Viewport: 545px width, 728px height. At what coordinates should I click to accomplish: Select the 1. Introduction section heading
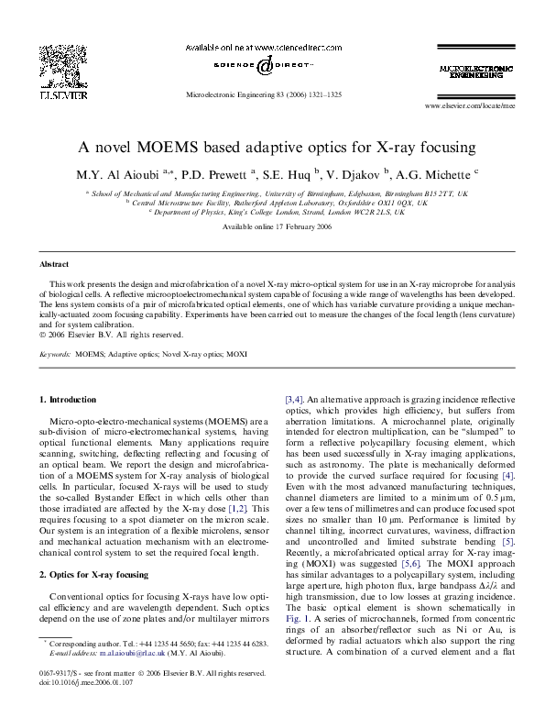click(69, 400)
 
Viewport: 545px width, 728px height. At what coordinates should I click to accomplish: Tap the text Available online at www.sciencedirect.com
click(272, 46)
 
